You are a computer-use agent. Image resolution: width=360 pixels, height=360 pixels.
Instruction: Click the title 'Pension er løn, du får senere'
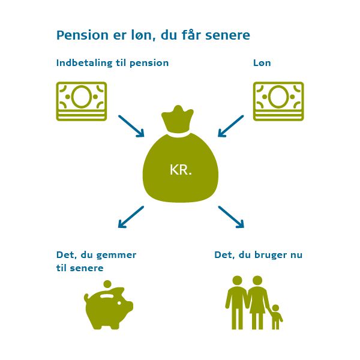click(153, 35)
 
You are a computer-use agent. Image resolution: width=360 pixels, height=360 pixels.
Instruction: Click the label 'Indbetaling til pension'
click(112, 63)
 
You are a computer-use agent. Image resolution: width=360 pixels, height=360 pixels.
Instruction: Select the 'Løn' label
click(262, 63)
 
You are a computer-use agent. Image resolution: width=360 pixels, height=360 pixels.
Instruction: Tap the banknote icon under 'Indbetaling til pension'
click(81, 101)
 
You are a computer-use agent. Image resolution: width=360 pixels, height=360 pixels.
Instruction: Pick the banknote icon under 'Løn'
click(278, 101)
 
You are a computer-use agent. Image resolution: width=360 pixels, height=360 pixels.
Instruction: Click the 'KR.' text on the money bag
click(181, 170)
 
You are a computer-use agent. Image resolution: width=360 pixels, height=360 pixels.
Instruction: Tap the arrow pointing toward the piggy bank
click(131, 217)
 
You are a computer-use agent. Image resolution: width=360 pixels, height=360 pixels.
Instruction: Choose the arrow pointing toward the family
click(231, 217)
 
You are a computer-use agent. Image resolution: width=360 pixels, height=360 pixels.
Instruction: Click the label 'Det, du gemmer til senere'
click(96, 261)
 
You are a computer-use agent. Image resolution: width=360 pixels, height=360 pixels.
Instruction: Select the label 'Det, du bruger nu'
click(258, 255)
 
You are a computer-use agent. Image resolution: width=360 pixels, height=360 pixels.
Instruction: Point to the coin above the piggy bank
click(107, 284)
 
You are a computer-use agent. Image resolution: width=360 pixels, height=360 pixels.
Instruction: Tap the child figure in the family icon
click(275, 317)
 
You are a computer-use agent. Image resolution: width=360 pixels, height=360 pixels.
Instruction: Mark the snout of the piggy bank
click(130, 306)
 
